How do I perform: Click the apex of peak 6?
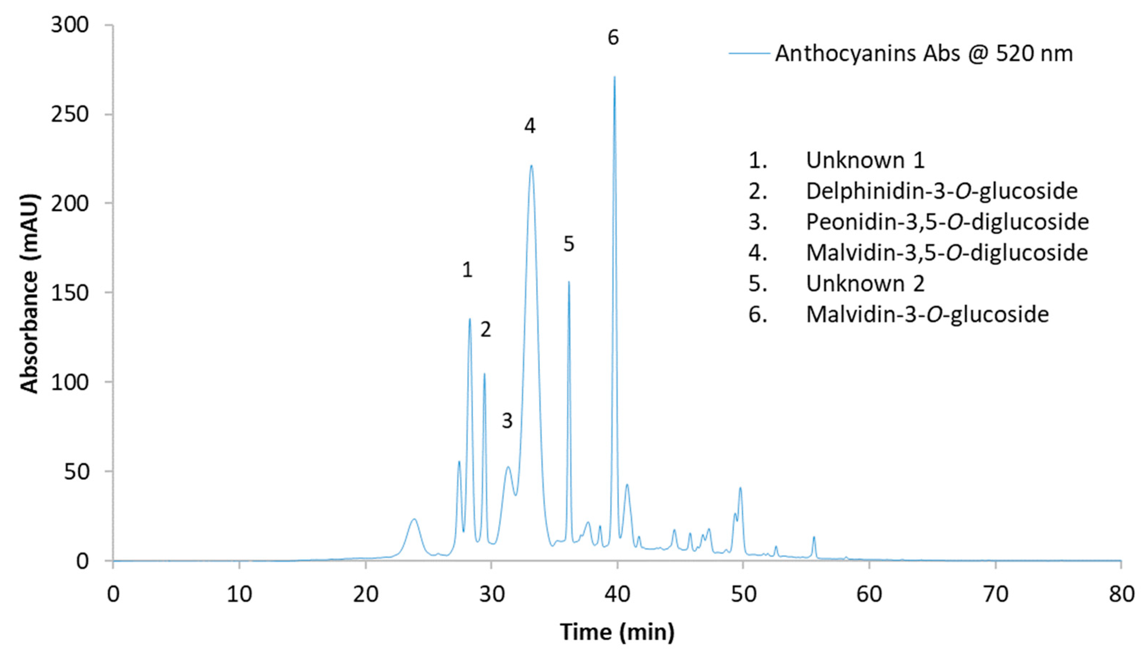[x=615, y=77]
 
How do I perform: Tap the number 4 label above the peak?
[x=530, y=125]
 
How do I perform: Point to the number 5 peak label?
[x=569, y=244]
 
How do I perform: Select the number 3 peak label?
[x=507, y=421]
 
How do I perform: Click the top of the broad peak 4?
[x=531, y=166]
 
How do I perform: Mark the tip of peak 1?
[x=470, y=319]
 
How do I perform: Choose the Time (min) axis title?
[x=617, y=632]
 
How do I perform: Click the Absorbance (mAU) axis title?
[x=30, y=293]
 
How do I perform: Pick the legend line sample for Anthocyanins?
[x=749, y=54]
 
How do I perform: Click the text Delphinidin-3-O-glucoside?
[x=941, y=191]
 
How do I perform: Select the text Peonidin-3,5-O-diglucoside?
[x=947, y=222]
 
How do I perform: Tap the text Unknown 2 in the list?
[x=865, y=283]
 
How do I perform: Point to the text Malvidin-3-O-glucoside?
[x=927, y=314]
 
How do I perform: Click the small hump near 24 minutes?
[x=413, y=520]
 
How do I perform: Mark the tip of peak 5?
[x=569, y=282]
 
